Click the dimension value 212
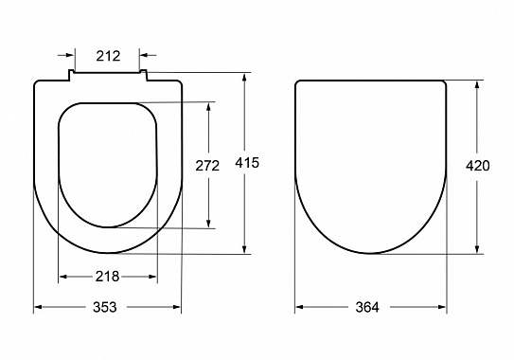pyautogui.click(x=108, y=56)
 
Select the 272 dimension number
pyautogui.click(x=207, y=166)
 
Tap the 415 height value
pyautogui.click(x=247, y=163)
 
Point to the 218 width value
pyautogui.click(x=107, y=277)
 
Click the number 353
pyautogui.click(x=105, y=307)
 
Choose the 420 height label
pyautogui.click(x=478, y=166)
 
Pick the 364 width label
pyautogui.click(x=367, y=307)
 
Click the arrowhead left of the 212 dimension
pyautogui.click(x=70, y=55)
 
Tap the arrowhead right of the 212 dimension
pyautogui.click(x=144, y=55)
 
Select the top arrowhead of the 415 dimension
pyautogui.click(x=244, y=78)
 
